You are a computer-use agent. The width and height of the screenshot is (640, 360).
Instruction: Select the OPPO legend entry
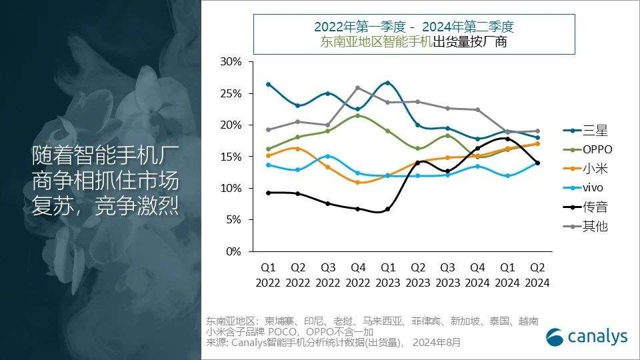[x=595, y=150]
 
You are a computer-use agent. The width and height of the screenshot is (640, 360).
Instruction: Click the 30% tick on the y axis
[x=230, y=62]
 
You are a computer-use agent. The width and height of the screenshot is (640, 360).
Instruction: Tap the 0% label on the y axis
[x=233, y=252]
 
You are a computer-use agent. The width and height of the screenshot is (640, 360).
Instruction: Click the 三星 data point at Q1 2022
[x=268, y=84]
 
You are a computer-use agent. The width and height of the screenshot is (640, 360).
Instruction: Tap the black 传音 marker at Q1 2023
[x=387, y=209]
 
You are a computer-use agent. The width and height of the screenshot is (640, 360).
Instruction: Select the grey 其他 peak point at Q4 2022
[x=358, y=88]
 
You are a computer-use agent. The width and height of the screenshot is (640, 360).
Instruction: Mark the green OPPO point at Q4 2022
[x=358, y=116]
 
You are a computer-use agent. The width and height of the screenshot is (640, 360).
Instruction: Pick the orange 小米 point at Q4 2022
[x=358, y=182]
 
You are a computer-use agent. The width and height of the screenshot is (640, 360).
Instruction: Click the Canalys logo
[x=587, y=337]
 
